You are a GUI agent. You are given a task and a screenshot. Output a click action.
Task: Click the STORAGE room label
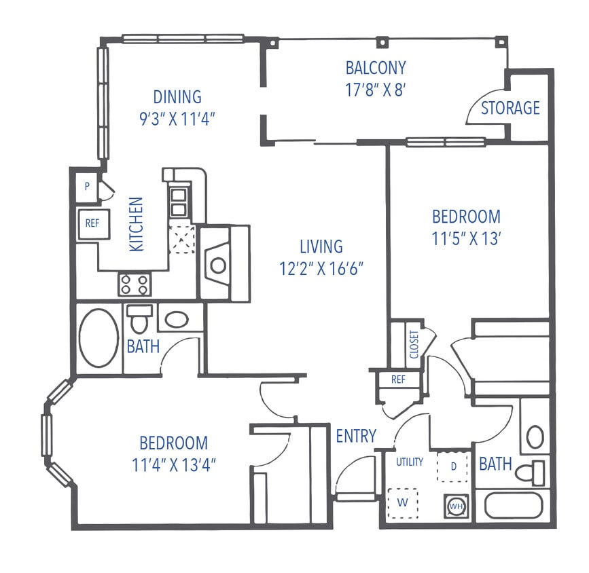[x=510, y=108]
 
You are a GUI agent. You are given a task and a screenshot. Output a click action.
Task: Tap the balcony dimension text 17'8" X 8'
[x=376, y=90]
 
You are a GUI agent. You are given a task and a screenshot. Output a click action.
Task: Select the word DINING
[x=177, y=97]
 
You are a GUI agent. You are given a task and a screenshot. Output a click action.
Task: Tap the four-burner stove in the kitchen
[x=133, y=283]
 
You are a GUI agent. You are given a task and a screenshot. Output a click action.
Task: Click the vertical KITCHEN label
[x=137, y=224]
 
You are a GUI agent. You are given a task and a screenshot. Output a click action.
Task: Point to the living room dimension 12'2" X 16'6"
[x=322, y=268]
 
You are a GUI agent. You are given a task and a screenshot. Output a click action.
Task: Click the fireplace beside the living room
[x=218, y=264]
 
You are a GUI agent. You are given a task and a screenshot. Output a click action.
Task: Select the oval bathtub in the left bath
[x=98, y=337]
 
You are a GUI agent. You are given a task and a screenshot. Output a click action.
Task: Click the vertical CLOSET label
[x=413, y=344]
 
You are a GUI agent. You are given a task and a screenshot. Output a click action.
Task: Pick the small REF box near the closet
[x=398, y=380]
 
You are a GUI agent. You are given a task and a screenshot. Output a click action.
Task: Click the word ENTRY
[x=356, y=436]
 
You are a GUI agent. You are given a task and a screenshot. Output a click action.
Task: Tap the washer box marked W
[x=401, y=504]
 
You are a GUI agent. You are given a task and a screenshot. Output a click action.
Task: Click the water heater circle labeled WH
[x=456, y=506]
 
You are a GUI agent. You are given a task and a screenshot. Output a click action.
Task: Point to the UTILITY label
[x=410, y=462]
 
